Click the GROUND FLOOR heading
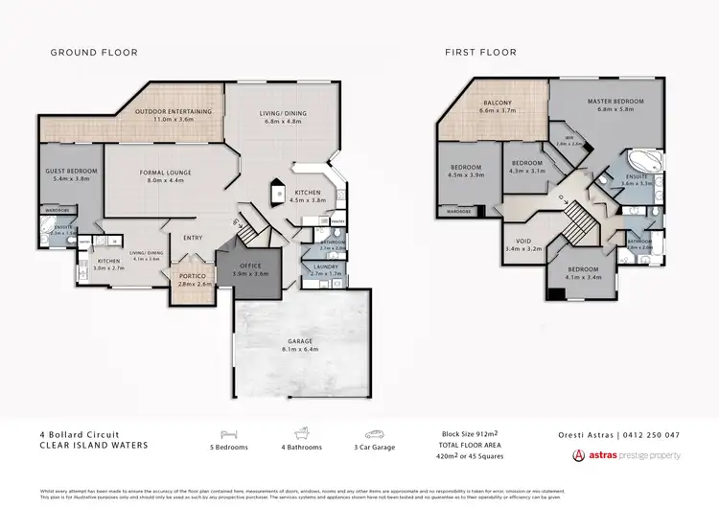click(94, 53)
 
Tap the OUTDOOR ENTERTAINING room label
click(164, 112)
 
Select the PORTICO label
click(195, 276)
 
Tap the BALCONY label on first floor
click(497, 104)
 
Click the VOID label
click(524, 242)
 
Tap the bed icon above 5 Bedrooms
click(227, 433)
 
